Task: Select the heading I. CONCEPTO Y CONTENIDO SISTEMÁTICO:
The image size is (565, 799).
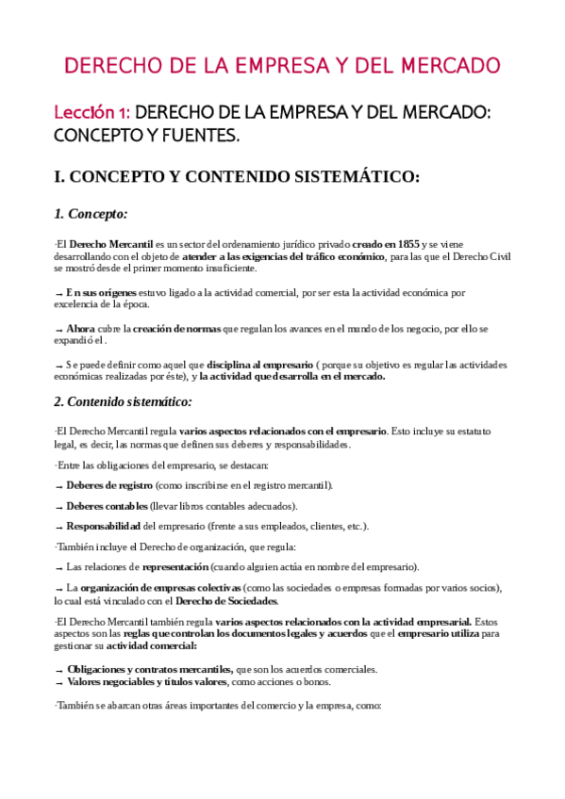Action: (237, 176)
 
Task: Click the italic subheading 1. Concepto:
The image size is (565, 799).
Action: (91, 214)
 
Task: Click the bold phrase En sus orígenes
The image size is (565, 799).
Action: (102, 292)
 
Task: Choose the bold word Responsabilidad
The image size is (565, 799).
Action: (103, 526)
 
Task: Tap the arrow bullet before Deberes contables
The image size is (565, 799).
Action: (59, 506)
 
